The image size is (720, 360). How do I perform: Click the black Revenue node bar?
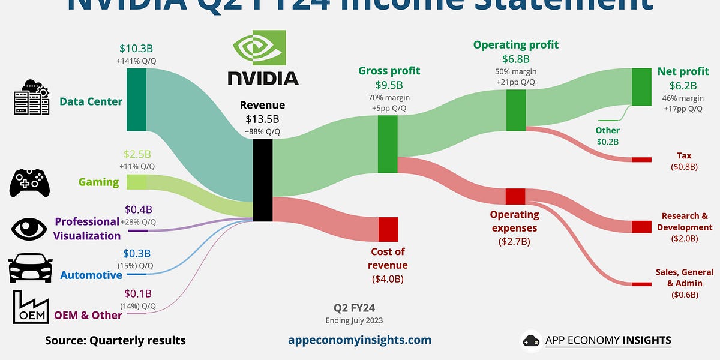(263, 180)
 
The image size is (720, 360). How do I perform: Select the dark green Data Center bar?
(137, 99)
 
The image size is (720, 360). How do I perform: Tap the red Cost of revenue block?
(388, 229)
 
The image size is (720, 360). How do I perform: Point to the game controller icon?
(29, 182)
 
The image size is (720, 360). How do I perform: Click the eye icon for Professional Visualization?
(29, 229)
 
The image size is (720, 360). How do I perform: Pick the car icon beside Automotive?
(29, 268)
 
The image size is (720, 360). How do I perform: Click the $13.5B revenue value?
(263, 119)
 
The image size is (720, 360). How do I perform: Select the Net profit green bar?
(641, 87)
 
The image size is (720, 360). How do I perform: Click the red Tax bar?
(641, 160)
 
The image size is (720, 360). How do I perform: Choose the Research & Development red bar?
(641, 227)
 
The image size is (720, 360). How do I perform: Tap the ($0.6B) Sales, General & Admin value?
(685, 294)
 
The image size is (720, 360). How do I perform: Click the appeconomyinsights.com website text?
(360, 340)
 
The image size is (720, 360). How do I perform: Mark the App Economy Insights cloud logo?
(531, 340)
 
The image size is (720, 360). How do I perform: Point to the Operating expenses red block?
(515, 196)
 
